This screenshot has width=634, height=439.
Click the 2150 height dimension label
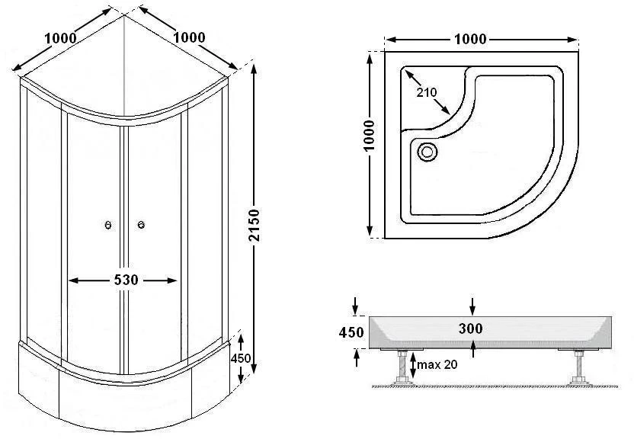254,225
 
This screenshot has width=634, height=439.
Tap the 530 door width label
126,280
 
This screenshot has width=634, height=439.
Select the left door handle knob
108,225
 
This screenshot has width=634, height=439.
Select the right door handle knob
141,225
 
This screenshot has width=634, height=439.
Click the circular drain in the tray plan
427,152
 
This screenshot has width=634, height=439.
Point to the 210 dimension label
427,92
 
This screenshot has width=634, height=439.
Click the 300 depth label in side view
471,328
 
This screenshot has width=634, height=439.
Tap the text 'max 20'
437,364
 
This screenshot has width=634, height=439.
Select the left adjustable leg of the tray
402,367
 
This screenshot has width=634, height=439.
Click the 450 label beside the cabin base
241,358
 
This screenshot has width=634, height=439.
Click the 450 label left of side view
351,332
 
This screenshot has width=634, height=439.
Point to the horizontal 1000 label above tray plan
470,39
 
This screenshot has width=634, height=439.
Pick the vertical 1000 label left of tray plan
369,136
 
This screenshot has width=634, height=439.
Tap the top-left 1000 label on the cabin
60,38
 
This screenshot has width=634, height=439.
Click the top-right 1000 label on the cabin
189,37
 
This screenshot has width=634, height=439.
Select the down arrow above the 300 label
472,306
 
